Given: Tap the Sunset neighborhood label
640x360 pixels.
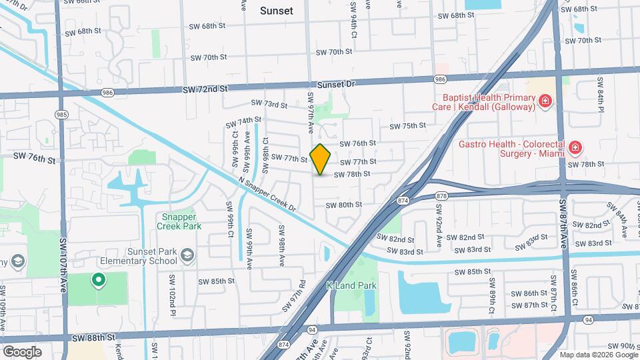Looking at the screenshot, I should pyautogui.click(x=276, y=11).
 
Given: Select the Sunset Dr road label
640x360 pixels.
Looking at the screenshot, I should pyautogui.click(x=337, y=85).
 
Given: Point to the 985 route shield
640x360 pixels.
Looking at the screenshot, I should pyautogui.click(x=61, y=114).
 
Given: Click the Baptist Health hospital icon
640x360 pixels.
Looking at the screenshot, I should pyautogui.click(x=545, y=101).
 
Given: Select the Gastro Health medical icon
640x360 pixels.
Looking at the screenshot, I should pyautogui.click(x=575, y=147).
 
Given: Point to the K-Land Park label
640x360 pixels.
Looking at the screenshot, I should pyautogui.click(x=351, y=285).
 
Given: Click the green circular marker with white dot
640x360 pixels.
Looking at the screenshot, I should pyautogui.click(x=99, y=281).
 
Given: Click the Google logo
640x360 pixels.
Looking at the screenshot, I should pyautogui.click(x=23, y=351).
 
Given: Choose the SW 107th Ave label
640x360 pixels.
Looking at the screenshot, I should pyautogui.click(x=65, y=263).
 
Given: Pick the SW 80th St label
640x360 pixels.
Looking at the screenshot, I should pyautogui.click(x=343, y=205).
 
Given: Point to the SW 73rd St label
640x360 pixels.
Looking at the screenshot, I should pyautogui.click(x=269, y=105).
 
